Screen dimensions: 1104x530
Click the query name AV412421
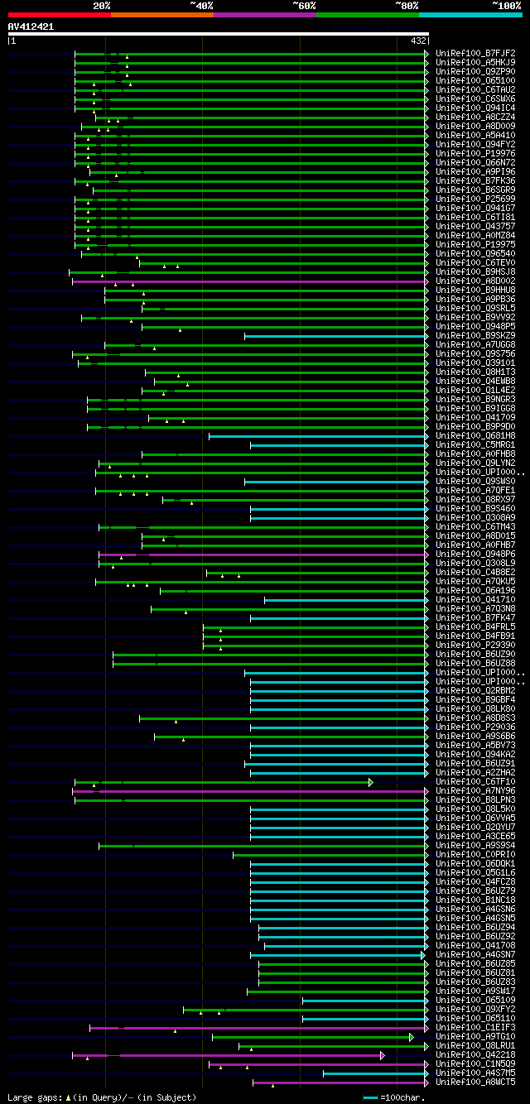click(31, 26)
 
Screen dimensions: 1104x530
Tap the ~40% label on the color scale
click(201, 5)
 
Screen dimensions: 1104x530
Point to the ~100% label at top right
click(506, 5)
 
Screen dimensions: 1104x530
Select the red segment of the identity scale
click(59, 15)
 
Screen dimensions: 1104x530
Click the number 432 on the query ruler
click(417, 41)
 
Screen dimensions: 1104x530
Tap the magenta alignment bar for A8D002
click(248, 281)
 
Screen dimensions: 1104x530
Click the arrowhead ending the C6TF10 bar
click(371, 782)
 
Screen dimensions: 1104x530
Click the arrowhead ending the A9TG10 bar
click(411, 1037)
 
